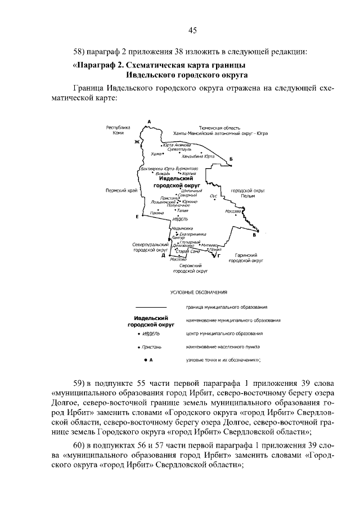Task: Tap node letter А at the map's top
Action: click(x=149, y=122)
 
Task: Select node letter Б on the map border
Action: click(x=231, y=161)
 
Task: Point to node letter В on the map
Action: click(x=254, y=236)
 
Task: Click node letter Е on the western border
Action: click(x=137, y=217)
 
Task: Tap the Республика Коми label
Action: click(x=118, y=130)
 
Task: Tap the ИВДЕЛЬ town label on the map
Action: click(x=181, y=219)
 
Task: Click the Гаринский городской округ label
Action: click(x=247, y=258)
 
